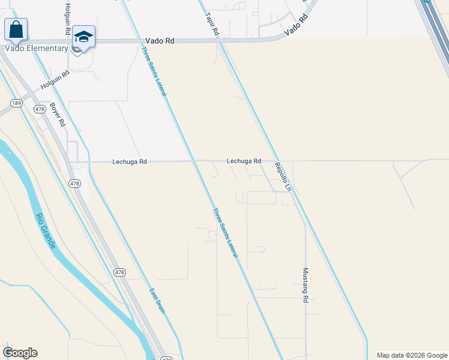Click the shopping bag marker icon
click(16, 29)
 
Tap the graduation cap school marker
click(84, 37)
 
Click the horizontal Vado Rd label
click(159, 41)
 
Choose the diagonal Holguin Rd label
click(55, 80)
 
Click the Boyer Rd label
click(57, 113)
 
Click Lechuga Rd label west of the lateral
click(130, 162)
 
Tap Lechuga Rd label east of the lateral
click(244, 161)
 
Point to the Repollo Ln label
click(283, 176)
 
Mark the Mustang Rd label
click(306, 285)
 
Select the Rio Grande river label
click(46, 231)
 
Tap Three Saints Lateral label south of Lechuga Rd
click(226, 233)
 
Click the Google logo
click(20, 353)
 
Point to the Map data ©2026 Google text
click(411, 355)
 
